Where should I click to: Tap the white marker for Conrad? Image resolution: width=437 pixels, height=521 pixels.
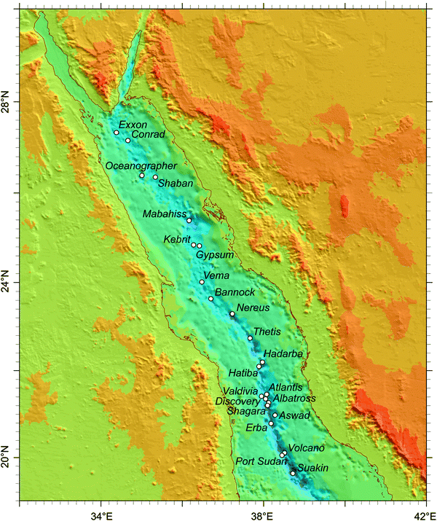pyautogui.click(x=128, y=141)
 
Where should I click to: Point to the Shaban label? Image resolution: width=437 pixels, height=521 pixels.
pyautogui.click(x=176, y=184)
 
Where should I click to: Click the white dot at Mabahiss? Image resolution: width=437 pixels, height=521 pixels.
pyautogui.click(x=189, y=220)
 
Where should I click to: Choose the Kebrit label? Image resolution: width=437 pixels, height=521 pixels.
pyautogui.click(x=177, y=239)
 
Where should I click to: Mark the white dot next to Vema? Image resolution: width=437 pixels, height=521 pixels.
pyautogui.click(x=202, y=282)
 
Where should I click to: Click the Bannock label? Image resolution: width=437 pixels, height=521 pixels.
pyautogui.click(x=232, y=292)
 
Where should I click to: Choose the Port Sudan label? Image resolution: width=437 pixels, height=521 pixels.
pyautogui.click(x=259, y=461)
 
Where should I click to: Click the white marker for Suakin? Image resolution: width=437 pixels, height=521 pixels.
pyautogui.click(x=294, y=474)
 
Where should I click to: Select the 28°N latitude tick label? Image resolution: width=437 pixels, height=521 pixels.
pyautogui.click(x=9, y=106)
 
